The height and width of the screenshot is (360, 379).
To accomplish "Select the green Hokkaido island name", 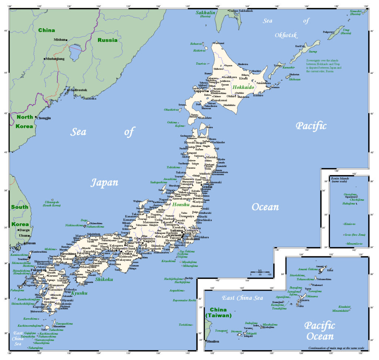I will pyautogui.click(x=243, y=87).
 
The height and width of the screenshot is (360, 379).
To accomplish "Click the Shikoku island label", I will pyautogui.click(x=104, y=279).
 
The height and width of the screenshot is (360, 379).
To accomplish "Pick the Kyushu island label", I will pyautogui.click(x=79, y=293).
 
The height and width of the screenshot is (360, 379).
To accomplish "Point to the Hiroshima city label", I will pyautogui.click(x=68, y=254).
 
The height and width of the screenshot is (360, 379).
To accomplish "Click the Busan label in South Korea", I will pyautogui.click(x=31, y=243).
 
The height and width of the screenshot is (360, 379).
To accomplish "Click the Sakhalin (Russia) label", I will pyautogui.click(x=205, y=14).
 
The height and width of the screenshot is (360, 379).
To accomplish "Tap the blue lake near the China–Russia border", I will pyautogui.click(x=76, y=53).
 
